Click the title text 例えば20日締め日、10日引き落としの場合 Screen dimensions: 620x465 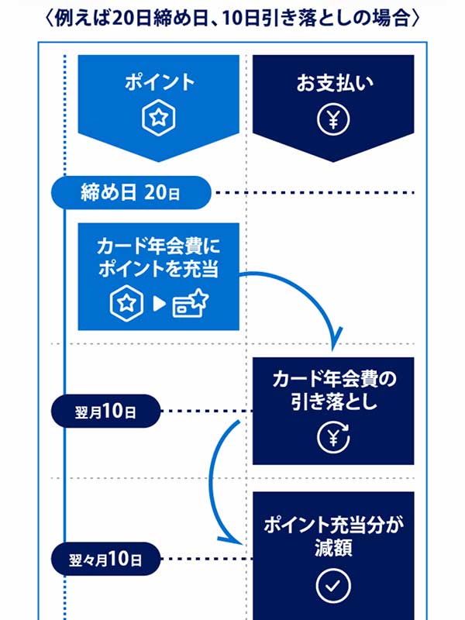pyautogui.click(x=232, y=17)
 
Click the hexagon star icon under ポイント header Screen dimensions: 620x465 pyautogui.click(x=159, y=119)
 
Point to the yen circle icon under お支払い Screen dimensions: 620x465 pyautogui.click(x=334, y=119)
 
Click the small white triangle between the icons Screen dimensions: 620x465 pyautogui.click(x=160, y=304)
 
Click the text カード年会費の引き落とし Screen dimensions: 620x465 pyautogui.click(x=334, y=391)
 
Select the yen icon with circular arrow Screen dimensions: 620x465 pyautogui.click(x=334, y=436)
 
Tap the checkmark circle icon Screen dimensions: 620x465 pyautogui.click(x=334, y=586)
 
